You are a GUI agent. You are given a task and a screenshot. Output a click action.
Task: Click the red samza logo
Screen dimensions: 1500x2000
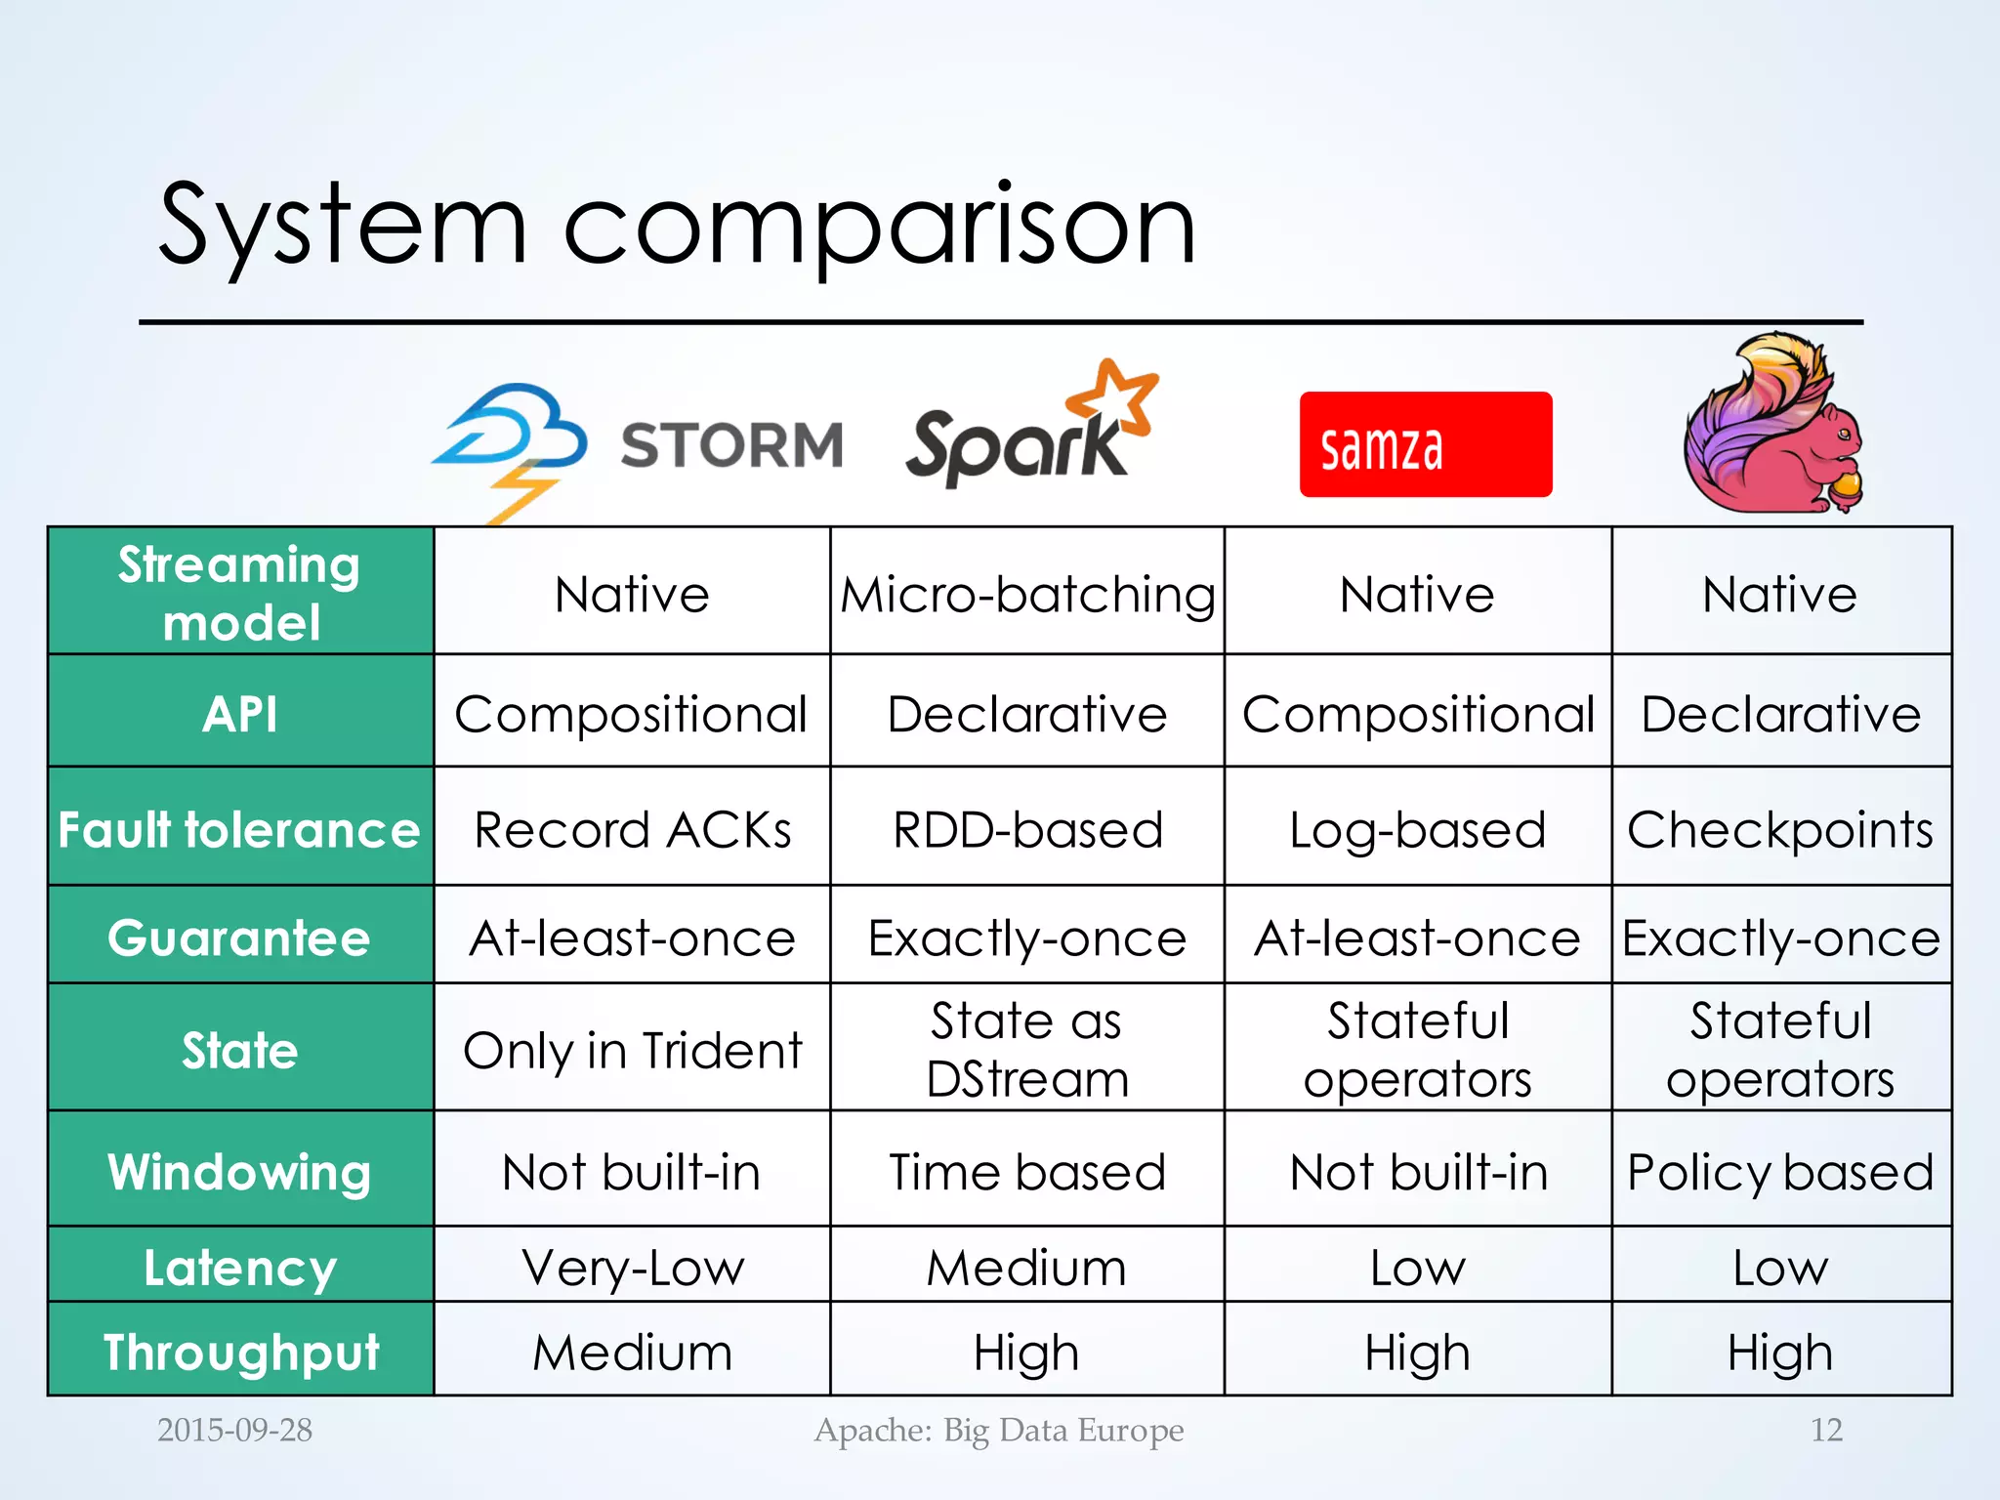(x=1425, y=445)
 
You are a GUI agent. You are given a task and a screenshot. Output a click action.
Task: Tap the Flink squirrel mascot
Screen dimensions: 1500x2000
(x=1772, y=426)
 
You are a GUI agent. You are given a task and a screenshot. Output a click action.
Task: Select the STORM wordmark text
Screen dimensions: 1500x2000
(x=731, y=445)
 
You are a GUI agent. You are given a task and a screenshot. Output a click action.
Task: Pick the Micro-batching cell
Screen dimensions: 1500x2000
(x=1027, y=594)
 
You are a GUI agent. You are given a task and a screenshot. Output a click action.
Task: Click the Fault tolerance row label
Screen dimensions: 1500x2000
(x=239, y=829)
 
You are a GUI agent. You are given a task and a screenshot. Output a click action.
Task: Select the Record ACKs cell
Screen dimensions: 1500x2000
(x=632, y=830)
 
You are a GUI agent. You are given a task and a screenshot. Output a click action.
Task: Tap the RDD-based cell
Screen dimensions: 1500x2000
(x=1027, y=830)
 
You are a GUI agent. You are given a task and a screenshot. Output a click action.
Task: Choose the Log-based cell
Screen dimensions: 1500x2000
(x=1417, y=830)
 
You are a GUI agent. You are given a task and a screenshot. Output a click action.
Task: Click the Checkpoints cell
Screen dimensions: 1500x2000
(x=1779, y=830)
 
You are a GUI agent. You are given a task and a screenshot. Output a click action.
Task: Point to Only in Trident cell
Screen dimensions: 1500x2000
(x=632, y=1051)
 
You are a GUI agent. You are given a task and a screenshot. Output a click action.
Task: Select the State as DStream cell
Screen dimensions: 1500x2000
(x=1027, y=1050)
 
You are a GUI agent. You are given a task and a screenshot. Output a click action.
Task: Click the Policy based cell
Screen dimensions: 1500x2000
(x=1779, y=1171)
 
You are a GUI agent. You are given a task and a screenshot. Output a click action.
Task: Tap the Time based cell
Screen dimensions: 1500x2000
(x=1027, y=1171)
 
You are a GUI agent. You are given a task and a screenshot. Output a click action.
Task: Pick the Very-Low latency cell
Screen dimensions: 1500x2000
(x=632, y=1268)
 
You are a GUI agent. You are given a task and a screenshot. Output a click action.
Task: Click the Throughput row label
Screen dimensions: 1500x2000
(x=240, y=1353)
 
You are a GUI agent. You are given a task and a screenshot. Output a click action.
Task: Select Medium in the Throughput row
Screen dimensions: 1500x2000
(x=632, y=1353)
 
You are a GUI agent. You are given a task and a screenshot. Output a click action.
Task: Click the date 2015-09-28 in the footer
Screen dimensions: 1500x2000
(x=234, y=1430)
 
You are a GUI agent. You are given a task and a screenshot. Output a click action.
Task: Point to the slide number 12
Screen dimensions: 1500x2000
(x=1826, y=1430)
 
